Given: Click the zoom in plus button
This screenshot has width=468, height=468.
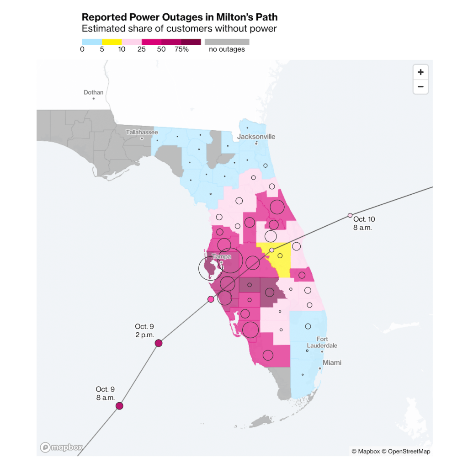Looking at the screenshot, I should tap(420, 72).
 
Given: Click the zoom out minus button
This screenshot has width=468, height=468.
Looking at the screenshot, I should tap(420, 86).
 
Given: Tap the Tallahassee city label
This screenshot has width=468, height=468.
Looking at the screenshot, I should tap(142, 132).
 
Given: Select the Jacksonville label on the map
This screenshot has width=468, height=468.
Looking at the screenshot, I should tap(256, 137).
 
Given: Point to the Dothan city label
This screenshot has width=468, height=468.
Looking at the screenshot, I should tap(94, 92).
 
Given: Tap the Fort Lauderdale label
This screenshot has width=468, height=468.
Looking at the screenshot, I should tap(322, 342).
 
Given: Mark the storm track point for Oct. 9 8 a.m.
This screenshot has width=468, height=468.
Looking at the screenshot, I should tap(119, 406).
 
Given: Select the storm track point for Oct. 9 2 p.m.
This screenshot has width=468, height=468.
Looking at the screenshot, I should tap(159, 343).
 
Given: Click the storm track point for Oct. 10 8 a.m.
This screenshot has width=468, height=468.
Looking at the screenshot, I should tap(350, 215).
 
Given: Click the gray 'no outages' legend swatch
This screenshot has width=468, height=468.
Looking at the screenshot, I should tap(227, 42).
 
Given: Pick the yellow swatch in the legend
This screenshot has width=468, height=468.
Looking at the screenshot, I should tap(112, 42).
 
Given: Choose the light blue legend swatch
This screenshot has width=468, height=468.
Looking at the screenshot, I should tap(91, 42).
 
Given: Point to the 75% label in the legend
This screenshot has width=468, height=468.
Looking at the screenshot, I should tap(181, 49).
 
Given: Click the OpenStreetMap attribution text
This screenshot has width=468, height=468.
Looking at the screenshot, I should tap(406, 452).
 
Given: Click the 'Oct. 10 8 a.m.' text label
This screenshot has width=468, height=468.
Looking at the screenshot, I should tap(364, 223).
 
